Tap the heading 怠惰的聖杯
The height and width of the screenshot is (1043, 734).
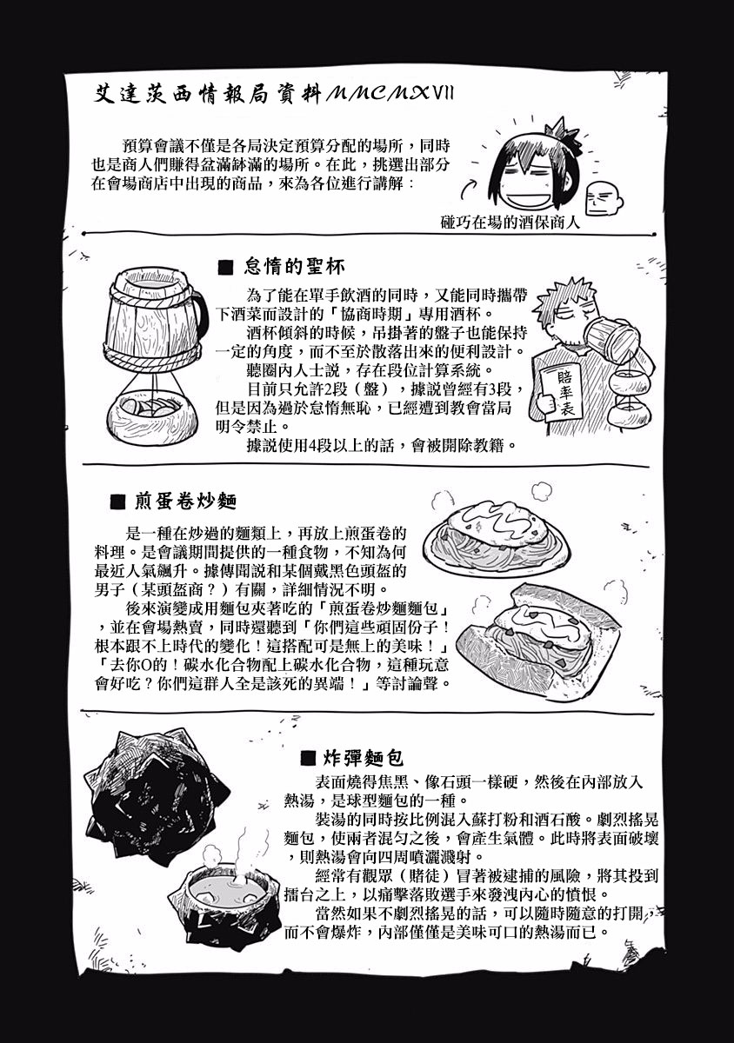point(295,267)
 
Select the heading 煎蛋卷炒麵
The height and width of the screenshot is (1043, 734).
point(186,502)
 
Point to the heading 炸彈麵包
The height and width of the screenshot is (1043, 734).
point(363,759)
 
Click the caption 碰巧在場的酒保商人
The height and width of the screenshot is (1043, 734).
point(510,223)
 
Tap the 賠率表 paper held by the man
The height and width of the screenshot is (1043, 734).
point(562,392)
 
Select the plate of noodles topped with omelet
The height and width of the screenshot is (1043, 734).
point(497,539)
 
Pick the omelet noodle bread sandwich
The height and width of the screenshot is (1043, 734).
point(538,641)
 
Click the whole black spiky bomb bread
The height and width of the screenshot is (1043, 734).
point(157,793)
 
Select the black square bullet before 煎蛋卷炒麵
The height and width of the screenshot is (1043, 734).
point(118,502)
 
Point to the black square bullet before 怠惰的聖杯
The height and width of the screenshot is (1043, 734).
point(226,268)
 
